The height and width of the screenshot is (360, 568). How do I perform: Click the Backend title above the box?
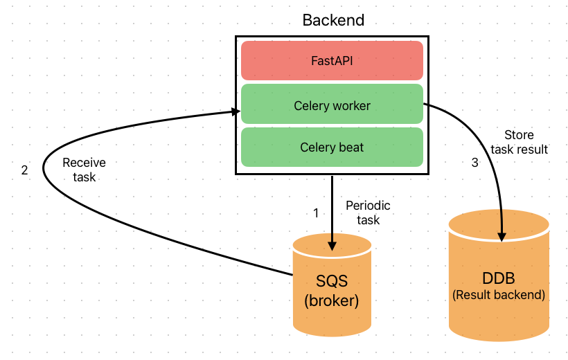click(x=333, y=19)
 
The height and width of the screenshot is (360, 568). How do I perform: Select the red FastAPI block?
click(x=332, y=60)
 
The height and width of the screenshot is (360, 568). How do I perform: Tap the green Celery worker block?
click(x=332, y=105)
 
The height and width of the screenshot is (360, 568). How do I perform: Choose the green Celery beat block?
click(x=332, y=147)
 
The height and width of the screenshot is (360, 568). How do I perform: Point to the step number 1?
click(x=316, y=213)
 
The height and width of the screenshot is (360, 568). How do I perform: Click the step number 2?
click(x=25, y=170)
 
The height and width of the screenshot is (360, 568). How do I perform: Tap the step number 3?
click(x=474, y=163)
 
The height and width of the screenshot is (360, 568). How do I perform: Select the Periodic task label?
click(x=368, y=213)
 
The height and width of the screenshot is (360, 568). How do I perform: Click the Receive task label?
click(x=85, y=170)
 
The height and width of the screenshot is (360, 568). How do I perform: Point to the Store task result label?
click(x=519, y=142)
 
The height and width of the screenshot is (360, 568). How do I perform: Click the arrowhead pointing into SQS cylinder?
click(x=332, y=244)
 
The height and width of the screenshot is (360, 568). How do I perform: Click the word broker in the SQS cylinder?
click(x=332, y=302)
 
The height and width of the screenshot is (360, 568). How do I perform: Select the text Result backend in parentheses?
click(x=499, y=295)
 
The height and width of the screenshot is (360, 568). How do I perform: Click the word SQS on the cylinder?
click(x=332, y=282)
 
